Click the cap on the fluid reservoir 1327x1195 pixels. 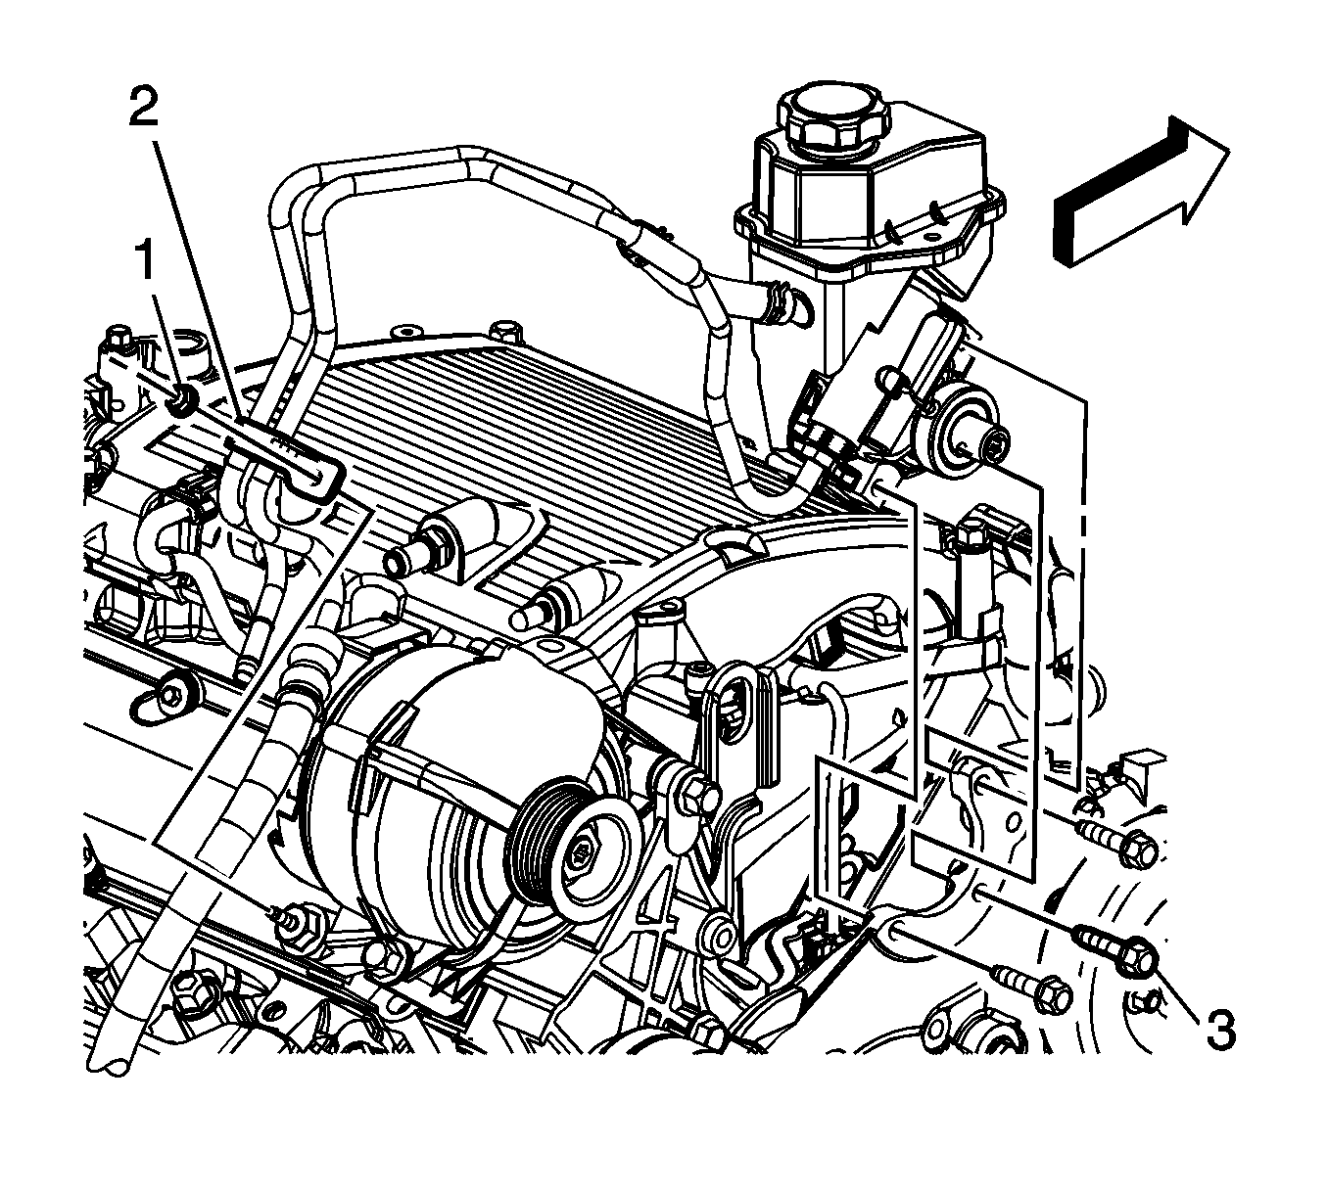click(x=834, y=115)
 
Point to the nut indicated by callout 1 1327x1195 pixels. click(x=184, y=400)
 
